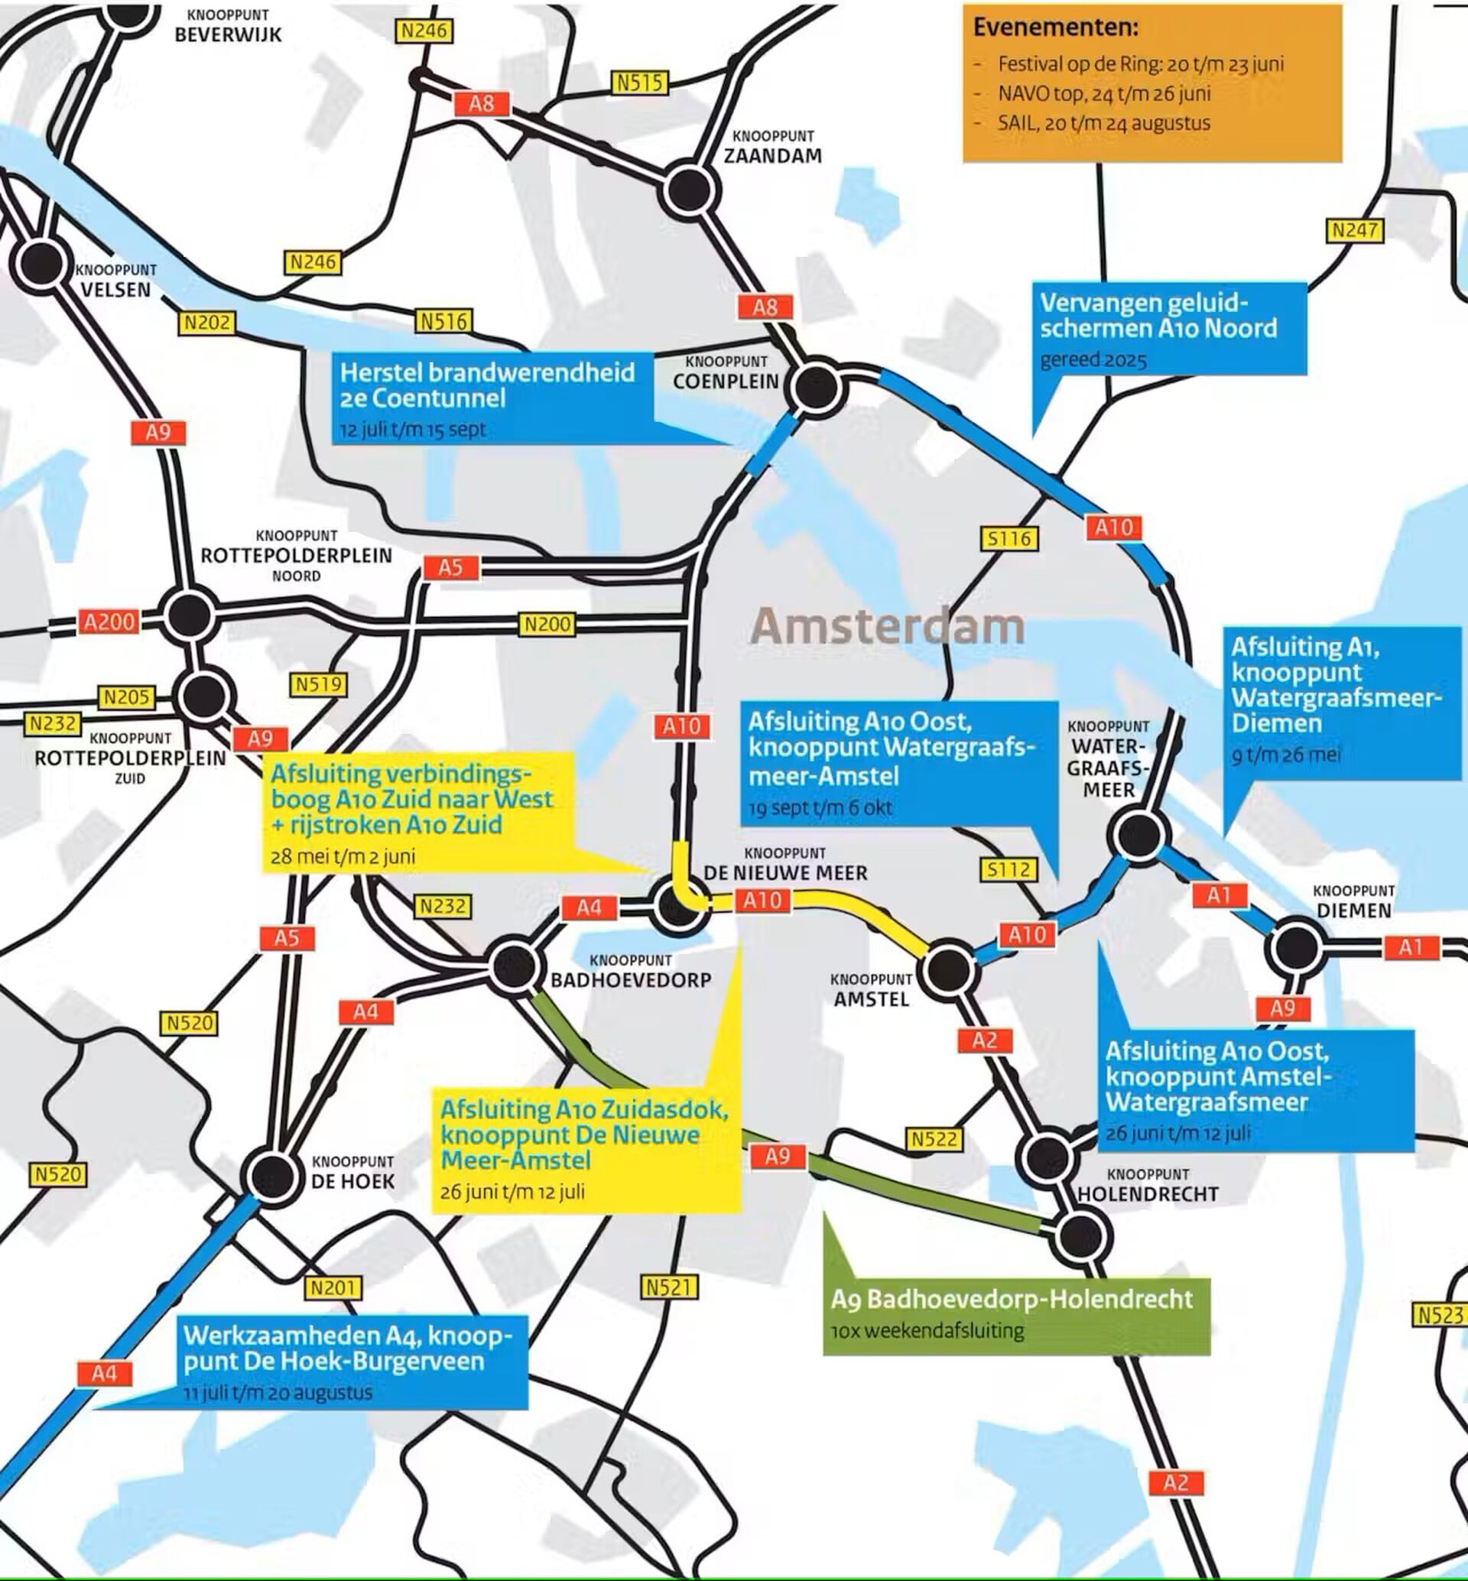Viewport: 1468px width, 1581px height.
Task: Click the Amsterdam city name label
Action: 888,626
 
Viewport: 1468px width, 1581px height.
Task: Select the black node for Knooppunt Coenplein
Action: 816,388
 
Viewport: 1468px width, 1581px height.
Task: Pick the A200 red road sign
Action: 109,622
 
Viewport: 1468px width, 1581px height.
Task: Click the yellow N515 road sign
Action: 639,83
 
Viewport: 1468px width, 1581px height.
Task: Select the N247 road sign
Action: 1355,230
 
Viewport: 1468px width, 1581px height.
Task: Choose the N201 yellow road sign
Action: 333,1287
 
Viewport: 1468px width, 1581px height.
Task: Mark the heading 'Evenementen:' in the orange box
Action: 1055,27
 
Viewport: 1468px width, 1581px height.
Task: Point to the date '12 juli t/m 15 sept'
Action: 413,430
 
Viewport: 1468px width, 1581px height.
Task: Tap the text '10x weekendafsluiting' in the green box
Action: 927,1330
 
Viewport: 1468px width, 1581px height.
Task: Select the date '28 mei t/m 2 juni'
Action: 343,856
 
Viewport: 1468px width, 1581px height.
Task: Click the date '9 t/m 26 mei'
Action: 1285,754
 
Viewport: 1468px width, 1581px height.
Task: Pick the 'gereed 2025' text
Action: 1093,360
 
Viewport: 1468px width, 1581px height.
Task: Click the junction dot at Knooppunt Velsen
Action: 40,264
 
